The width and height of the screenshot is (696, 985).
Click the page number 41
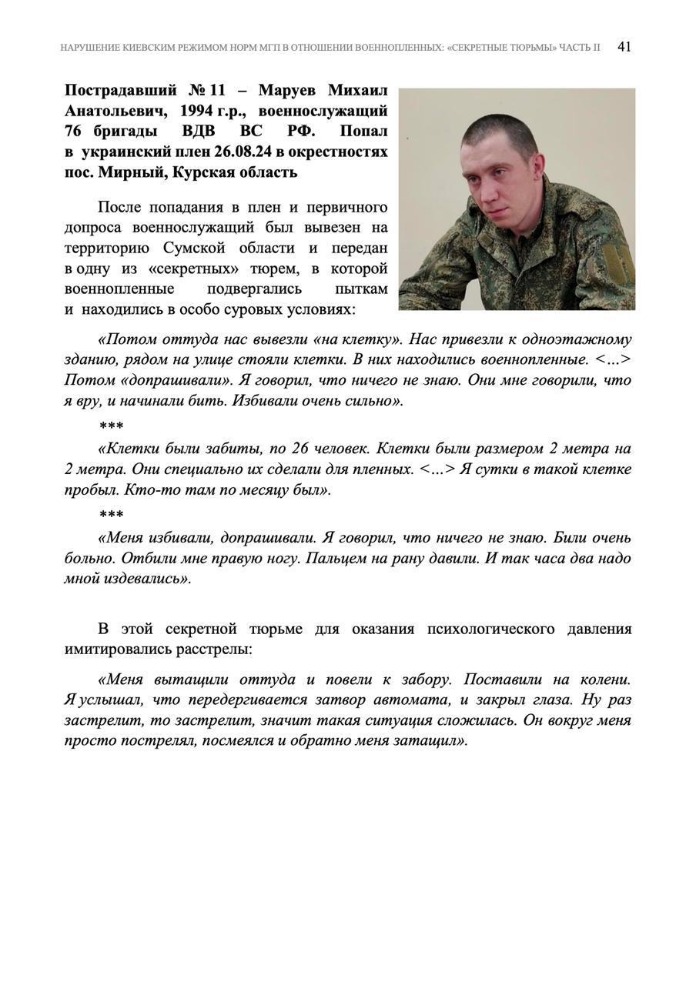624,47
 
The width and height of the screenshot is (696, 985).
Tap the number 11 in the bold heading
215,91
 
